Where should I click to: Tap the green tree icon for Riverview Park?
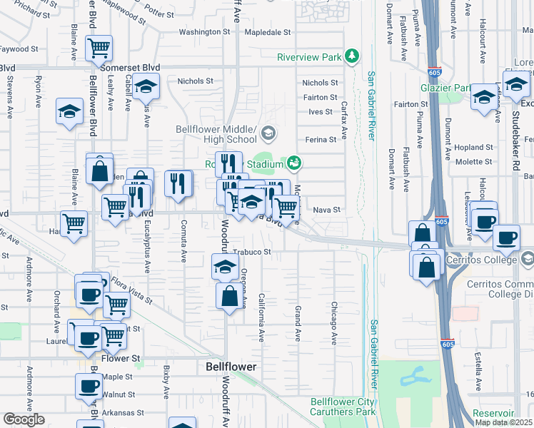[x=351, y=55]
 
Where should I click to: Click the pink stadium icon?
[x=293, y=163]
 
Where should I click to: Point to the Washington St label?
[x=204, y=32]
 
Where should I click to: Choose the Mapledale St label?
[x=268, y=32]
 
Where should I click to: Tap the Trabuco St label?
[x=253, y=252]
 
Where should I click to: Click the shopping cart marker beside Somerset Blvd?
[x=99, y=49]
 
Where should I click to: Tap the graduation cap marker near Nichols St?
[x=146, y=86]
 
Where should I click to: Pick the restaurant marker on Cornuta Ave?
[x=178, y=183]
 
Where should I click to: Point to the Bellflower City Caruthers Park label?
[x=343, y=407]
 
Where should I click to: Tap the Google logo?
[x=24, y=419]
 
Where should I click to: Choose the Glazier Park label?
[x=445, y=88]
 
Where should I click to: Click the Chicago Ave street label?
[x=333, y=319]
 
